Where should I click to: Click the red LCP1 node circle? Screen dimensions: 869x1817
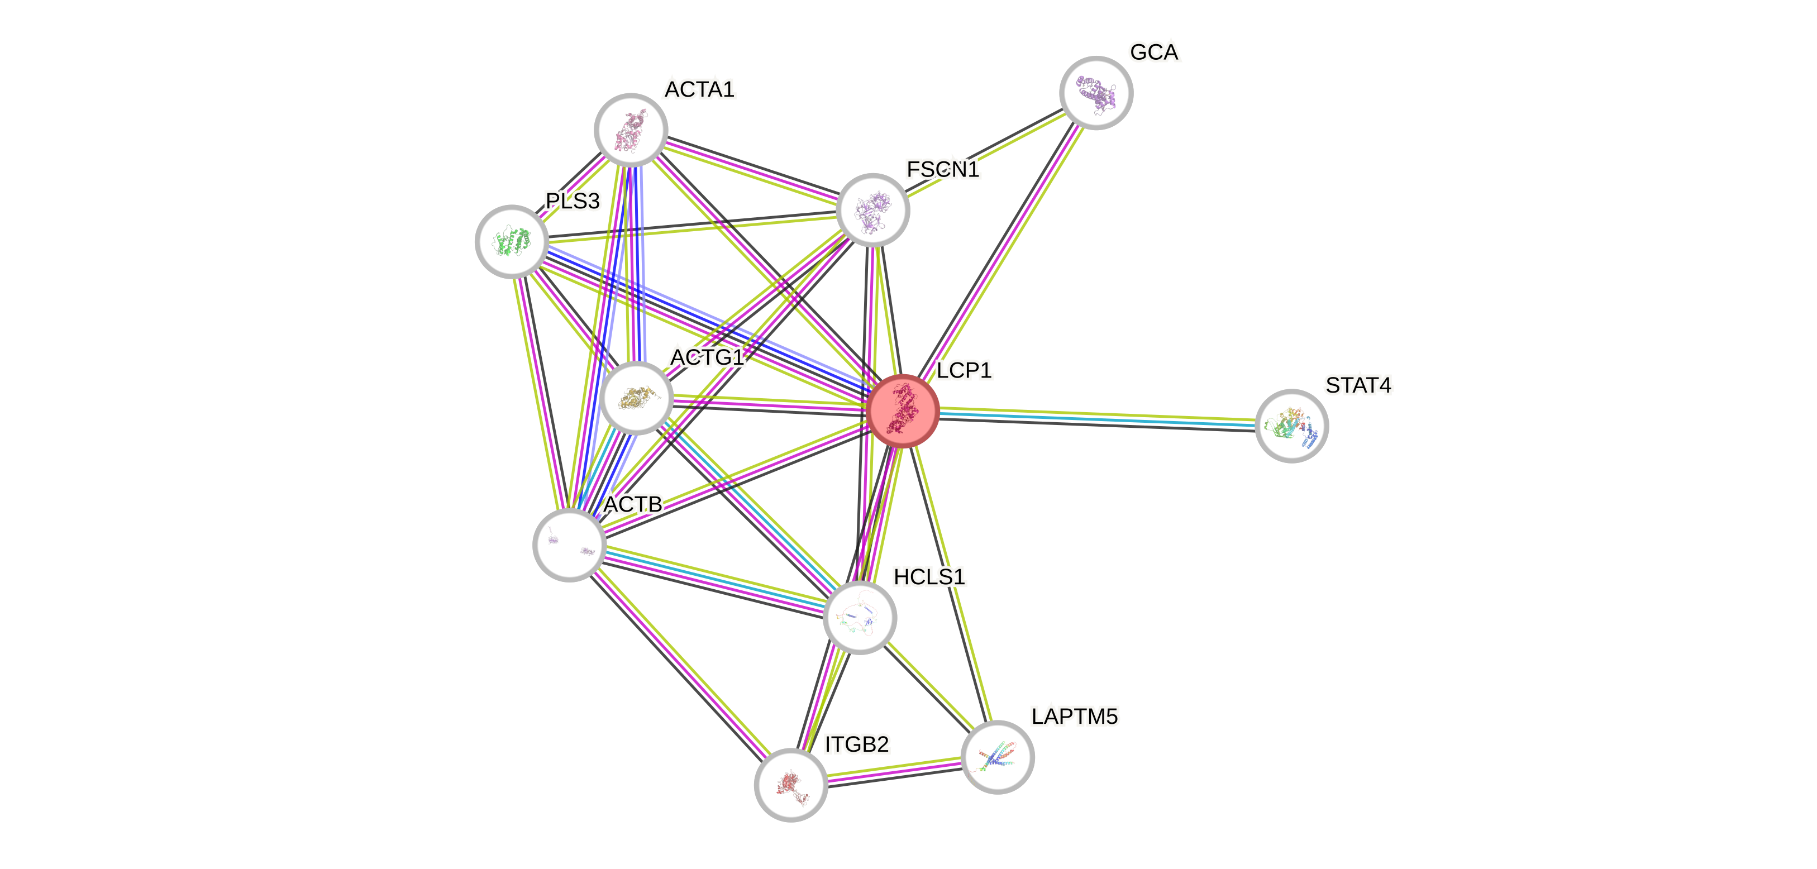(903, 410)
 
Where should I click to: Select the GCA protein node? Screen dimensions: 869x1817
(1096, 92)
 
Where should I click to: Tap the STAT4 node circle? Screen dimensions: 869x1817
(1291, 426)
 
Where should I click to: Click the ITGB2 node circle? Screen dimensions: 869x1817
(791, 784)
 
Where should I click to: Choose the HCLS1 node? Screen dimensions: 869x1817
(860, 617)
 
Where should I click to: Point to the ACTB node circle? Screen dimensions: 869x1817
(569, 545)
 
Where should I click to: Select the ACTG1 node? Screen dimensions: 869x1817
(637, 398)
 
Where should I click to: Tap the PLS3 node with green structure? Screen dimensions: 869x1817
(512, 241)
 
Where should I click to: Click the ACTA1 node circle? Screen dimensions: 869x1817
(631, 130)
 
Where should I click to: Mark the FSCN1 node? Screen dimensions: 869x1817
(872, 209)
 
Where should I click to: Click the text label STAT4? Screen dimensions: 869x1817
(1358, 386)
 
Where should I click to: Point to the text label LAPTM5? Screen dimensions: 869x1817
(1074, 717)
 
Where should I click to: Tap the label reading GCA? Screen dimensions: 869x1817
(1154, 52)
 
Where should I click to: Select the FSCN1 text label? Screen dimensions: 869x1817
(942, 170)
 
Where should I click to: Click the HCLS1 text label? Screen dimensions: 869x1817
(928, 577)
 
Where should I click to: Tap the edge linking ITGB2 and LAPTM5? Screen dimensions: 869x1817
(894, 771)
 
